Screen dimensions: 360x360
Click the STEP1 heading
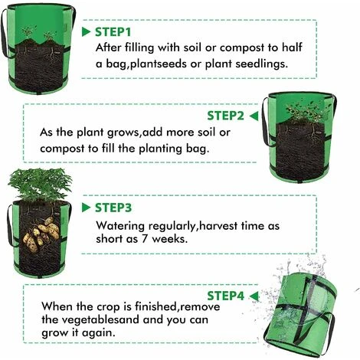[113, 32]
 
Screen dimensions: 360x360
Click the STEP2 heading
[226, 116]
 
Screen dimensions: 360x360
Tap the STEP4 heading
[226, 295]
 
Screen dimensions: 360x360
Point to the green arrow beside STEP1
[87, 32]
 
